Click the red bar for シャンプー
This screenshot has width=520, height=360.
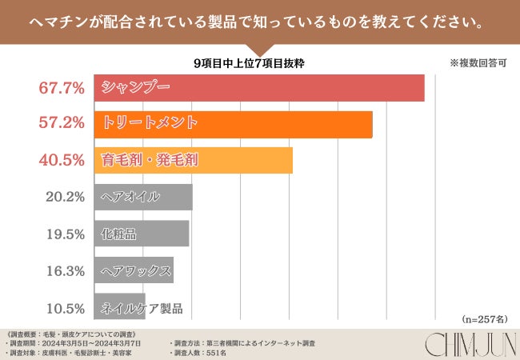(258, 88)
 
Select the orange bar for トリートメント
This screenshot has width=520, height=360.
(233, 124)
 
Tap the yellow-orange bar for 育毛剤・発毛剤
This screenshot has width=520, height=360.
(193, 160)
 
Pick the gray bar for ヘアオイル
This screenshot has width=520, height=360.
(143, 197)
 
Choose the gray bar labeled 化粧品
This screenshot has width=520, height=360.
(141, 234)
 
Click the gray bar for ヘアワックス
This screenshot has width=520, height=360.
(134, 270)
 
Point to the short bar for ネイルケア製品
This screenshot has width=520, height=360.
(119, 307)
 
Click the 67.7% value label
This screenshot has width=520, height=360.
(62, 88)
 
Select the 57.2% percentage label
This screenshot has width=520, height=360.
(62, 124)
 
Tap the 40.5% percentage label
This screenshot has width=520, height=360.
(62, 160)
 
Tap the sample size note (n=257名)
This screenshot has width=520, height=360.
(484, 318)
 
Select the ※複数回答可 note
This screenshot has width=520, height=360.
(478, 63)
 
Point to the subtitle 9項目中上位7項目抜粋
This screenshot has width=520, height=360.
(249, 62)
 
